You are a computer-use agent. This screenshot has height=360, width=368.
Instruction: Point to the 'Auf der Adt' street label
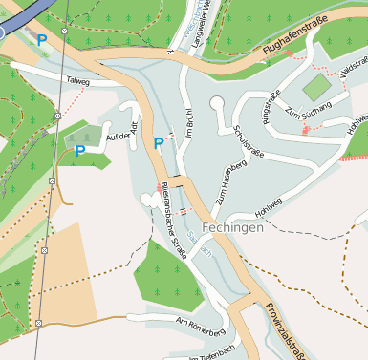(123, 137)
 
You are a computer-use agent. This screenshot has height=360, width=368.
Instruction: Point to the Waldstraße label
(353, 74)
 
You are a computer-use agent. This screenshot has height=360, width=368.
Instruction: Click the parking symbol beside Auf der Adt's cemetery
(80, 150)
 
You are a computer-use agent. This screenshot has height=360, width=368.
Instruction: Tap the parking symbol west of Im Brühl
(159, 143)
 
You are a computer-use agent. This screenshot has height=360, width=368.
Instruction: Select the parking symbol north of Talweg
(41, 40)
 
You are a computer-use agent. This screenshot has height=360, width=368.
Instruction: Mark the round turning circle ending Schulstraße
(218, 103)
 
